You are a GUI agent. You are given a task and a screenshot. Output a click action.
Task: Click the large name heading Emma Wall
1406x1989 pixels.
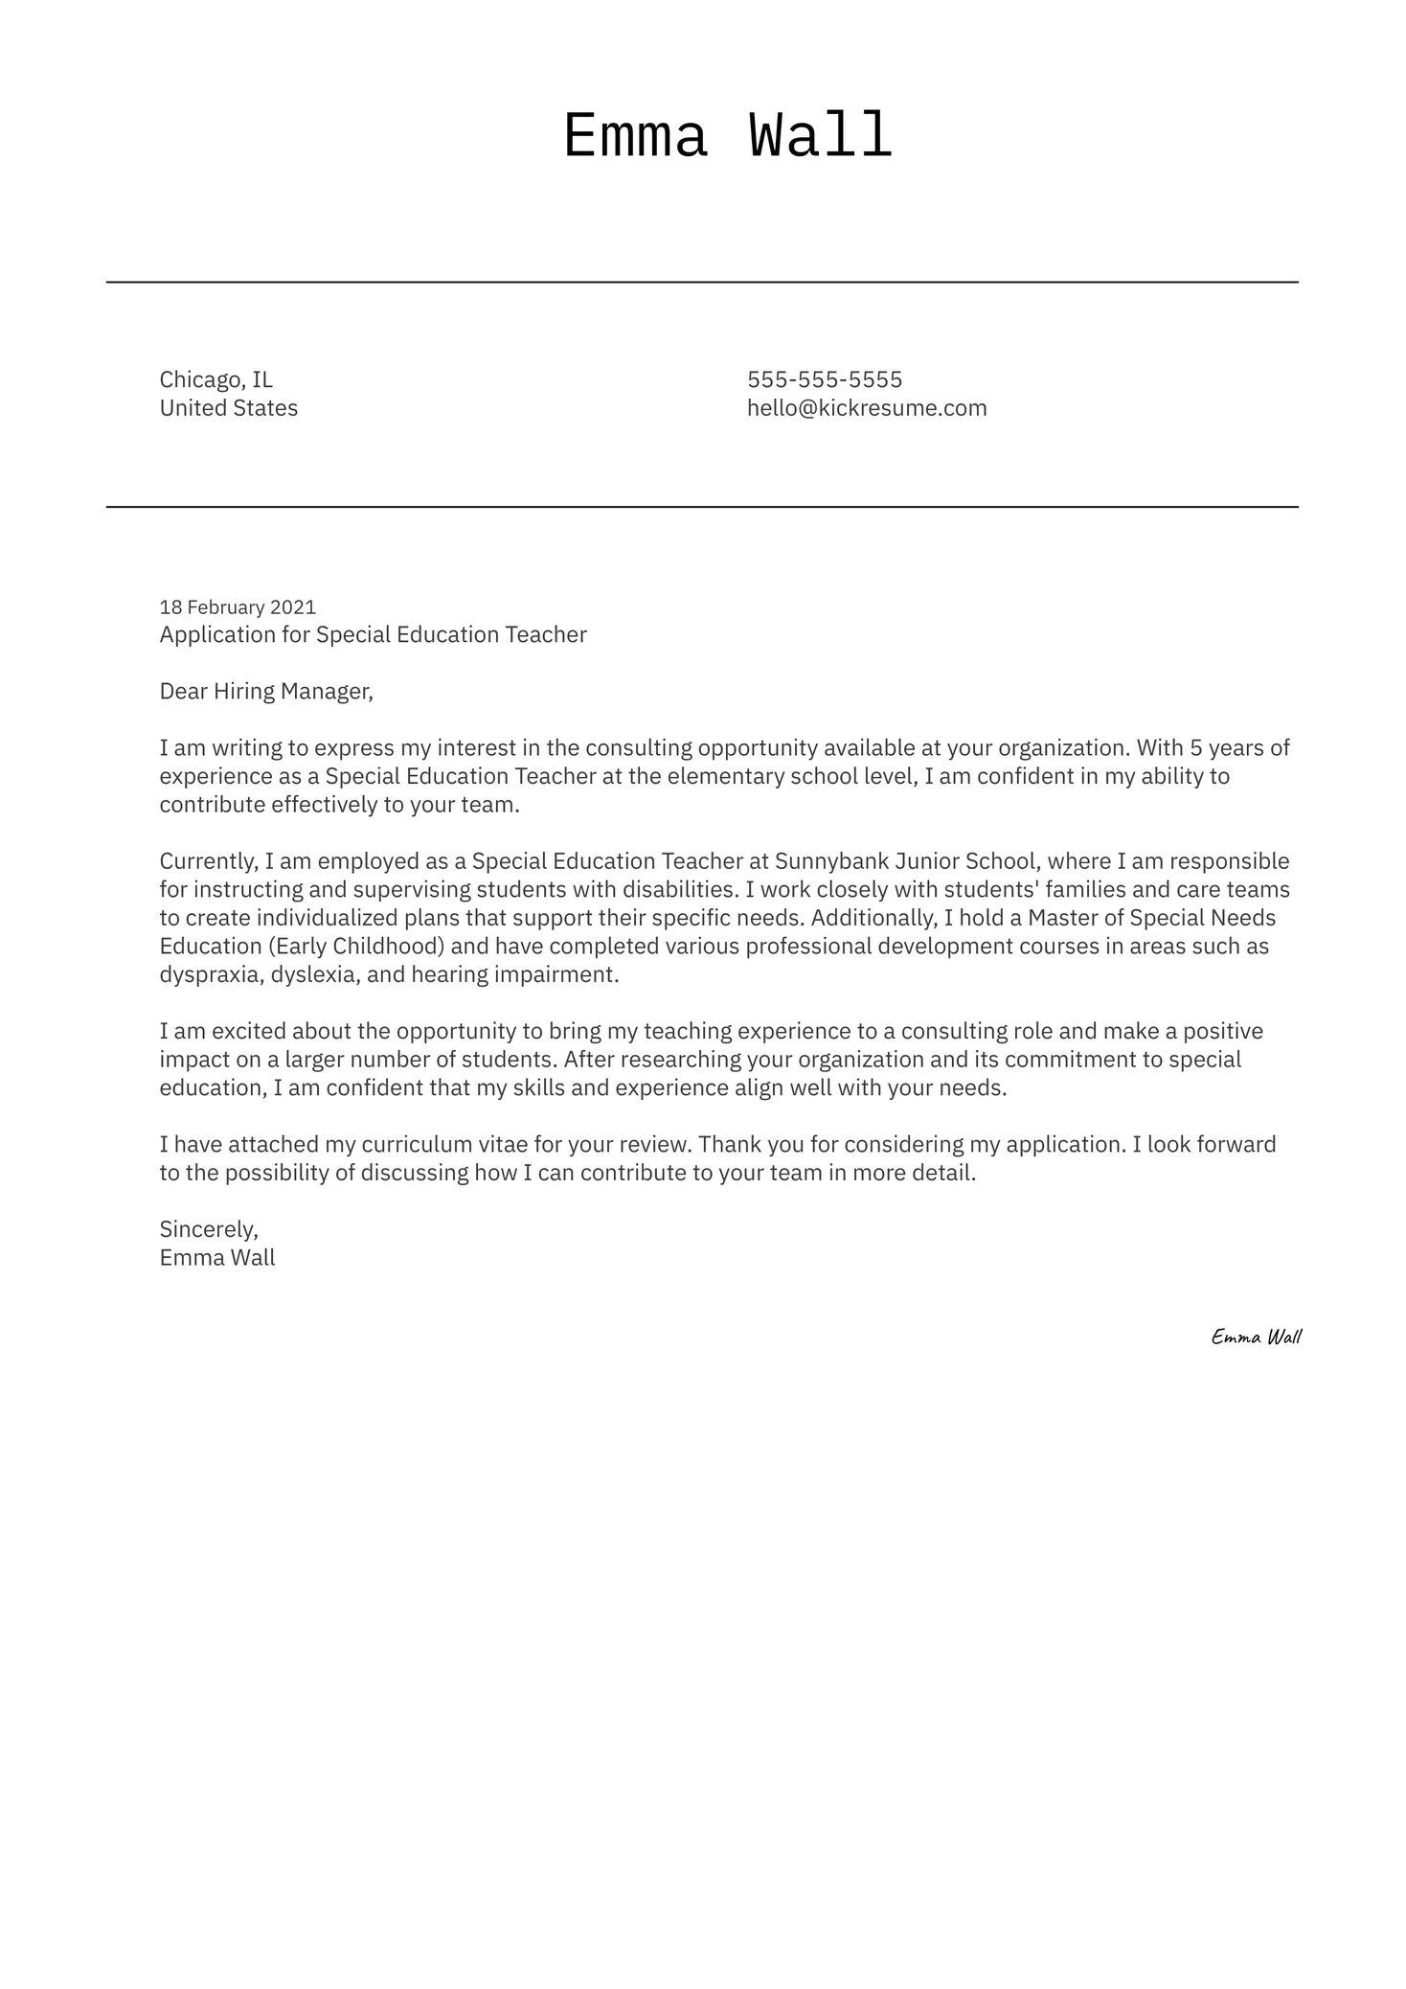[x=727, y=137]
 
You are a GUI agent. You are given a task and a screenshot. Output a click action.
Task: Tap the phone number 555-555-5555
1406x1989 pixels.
[x=824, y=379]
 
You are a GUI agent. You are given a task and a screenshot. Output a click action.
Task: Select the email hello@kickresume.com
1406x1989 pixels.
[x=866, y=408]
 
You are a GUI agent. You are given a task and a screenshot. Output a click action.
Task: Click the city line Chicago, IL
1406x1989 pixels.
[x=215, y=379]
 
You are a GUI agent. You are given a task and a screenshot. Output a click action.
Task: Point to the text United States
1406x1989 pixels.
[x=228, y=408]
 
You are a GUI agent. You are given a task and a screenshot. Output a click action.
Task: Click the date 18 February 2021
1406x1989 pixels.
[x=237, y=607]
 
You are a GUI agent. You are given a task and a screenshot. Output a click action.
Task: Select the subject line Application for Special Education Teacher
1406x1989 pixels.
[x=373, y=635]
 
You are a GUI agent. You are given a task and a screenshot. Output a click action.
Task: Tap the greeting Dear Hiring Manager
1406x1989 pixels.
[x=265, y=692]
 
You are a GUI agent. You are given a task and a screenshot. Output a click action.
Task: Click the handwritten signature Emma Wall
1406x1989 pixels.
[x=1256, y=1337]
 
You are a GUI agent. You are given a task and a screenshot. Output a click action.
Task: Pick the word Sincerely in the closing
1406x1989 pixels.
[x=208, y=1229]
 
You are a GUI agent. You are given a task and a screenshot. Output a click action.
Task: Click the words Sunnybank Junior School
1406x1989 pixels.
[x=904, y=861]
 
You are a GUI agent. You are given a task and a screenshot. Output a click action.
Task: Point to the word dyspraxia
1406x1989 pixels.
[x=210, y=975]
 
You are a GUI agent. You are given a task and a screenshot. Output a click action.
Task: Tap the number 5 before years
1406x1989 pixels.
[x=1195, y=748]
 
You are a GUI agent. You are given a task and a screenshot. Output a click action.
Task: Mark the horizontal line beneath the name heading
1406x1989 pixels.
[x=702, y=283]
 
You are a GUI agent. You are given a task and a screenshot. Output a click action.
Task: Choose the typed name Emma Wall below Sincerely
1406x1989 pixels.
[x=216, y=1258]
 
